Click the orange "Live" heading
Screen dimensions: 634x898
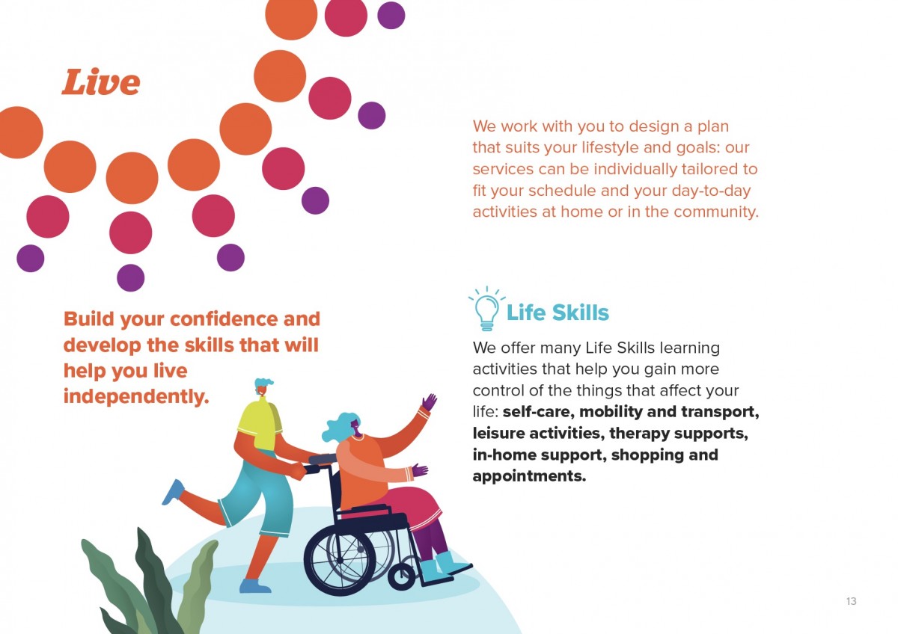[x=100, y=82]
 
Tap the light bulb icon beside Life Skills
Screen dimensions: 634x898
[x=486, y=310]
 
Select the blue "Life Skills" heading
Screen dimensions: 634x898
[x=558, y=313]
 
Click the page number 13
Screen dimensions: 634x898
[x=851, y=601]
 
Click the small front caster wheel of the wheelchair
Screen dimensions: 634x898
[x=401, y=576]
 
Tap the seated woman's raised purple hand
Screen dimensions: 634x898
[x=428, y=403]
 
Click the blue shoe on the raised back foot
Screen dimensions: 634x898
[x=173, y=491]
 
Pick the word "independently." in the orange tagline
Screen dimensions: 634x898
[x=135, y=396]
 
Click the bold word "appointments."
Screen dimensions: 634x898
[x=529, y=476]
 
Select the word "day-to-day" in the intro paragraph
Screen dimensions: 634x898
[x=715, y=190]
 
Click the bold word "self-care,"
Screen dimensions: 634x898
[x=538, y=412]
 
